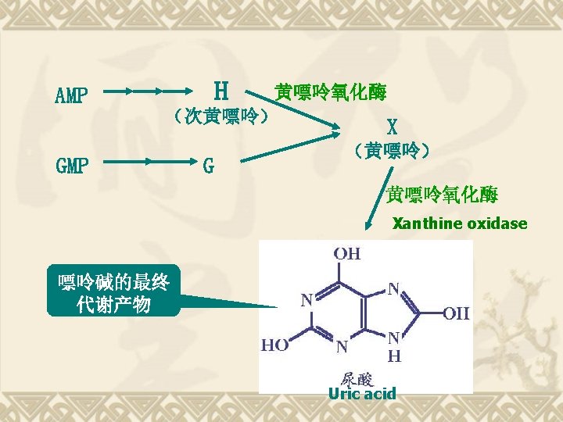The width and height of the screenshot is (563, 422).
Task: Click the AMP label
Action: (x=71, y=96)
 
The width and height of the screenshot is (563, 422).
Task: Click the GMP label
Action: (x=72, y=166)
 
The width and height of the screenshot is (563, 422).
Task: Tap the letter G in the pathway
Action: (x=208, y=166)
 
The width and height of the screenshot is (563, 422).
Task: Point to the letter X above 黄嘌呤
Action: (x=392, y=126)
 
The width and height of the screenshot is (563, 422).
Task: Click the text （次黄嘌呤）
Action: (x=222, y=117)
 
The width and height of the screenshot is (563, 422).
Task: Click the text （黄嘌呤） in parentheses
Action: (x=391, y=149)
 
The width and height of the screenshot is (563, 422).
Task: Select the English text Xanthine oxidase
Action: (x=460, y=224)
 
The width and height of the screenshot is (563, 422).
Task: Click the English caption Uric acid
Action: (x=362, y=393)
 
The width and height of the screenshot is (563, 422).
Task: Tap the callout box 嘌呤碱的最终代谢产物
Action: (x=113, y=292)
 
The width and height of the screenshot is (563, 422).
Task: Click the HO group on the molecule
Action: (x=274, y=343)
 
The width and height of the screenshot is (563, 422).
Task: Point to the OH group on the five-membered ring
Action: (x=456, y=314)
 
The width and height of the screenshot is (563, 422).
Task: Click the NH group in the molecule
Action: (x=396, y=346)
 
